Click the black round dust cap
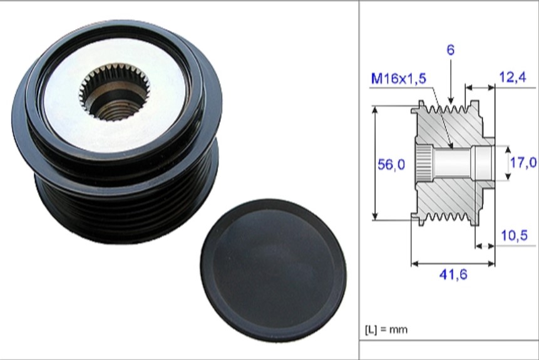[x=274, y=270]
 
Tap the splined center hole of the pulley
[x=115, y=92]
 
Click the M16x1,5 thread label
[x=398, y=79]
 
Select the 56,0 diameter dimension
[x=391, y=165]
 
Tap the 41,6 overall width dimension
[x=453, y=274]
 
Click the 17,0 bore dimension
[x=523, y=162]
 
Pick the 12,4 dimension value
[x=513, y=77]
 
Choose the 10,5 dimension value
[x=514, y=235]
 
